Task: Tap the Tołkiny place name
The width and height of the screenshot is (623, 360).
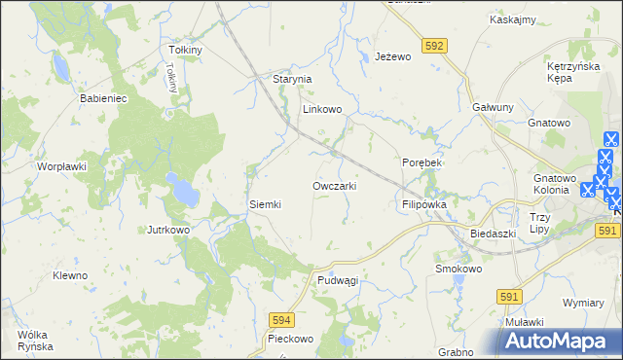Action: [185, 50]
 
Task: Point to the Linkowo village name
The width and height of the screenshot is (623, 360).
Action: [321, 110]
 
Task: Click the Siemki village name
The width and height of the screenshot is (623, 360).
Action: [265, 204]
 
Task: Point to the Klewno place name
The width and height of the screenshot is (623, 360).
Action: [70, 275]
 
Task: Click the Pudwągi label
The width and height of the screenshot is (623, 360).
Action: [338, 279]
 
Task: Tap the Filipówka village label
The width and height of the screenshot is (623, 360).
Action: [423, 205]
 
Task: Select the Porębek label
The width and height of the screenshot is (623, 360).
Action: [422, 162]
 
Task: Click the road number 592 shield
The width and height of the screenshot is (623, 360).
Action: [435, 45]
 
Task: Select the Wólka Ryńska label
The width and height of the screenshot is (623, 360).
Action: [34, 341]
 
